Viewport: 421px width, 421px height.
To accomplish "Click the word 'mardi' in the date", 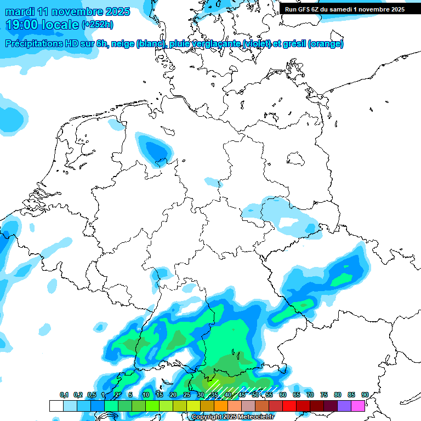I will [x=24, y=12].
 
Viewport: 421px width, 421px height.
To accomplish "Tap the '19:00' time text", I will [x=22, y=25].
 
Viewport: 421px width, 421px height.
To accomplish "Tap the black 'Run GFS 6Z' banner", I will [x=344, y=9].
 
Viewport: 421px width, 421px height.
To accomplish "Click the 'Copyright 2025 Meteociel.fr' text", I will [x=232, y=417].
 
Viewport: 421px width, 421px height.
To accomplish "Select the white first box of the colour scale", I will [x=56, y=406].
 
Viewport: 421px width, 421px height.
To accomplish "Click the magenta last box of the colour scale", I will [x=358, y=406].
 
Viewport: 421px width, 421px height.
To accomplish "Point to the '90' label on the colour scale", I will [x=365, y=395].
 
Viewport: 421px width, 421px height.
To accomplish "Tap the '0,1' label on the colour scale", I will [x=64, y=395].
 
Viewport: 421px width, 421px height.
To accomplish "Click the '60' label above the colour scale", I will [x=283, y=395].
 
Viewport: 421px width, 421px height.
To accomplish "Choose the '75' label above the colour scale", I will [x=324, y=395].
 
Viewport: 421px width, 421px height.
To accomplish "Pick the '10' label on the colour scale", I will [x=146, y=395].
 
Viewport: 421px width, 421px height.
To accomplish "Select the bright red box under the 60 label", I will [x=289, y=406].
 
